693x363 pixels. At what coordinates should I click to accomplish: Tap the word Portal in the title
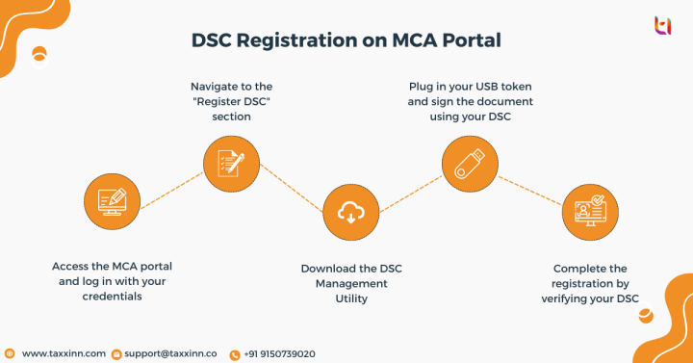[471, 42]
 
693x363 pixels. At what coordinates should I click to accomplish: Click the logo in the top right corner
[662, 26]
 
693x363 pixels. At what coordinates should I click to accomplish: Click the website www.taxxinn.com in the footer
[63, 353]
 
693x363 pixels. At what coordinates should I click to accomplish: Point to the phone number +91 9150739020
[280, 353]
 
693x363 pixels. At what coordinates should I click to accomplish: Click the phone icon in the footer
[235, 354]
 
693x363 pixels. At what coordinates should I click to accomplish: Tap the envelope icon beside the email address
[116, 354]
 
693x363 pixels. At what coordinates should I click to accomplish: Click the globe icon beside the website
[10, 353]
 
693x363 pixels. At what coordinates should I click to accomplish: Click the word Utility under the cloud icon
[345, 298]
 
